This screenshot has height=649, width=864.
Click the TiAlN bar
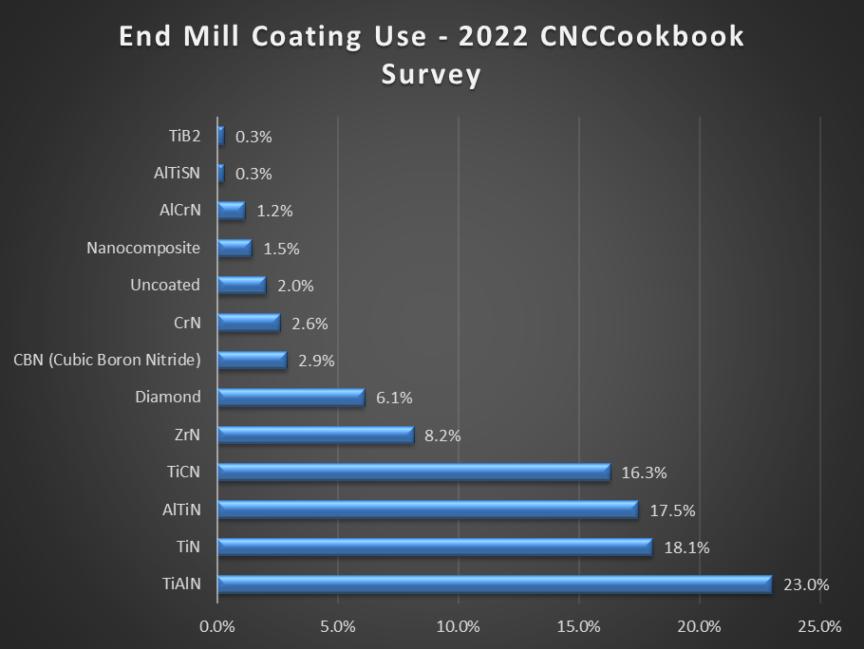pos(494,584)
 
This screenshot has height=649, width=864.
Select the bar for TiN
pos(435,547)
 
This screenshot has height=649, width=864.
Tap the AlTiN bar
pos(427,510)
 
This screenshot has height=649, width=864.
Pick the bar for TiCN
pos(413,472)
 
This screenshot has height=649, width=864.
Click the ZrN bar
pos(315,435)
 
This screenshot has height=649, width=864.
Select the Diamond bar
pos(291,398)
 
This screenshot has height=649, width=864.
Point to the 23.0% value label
pos(806,584)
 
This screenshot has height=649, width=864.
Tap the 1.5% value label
pos(280,249)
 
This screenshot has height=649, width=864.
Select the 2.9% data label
pos(316,361)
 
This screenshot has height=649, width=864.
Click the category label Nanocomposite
pos(143,248)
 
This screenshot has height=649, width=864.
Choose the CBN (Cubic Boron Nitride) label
pos(107,360)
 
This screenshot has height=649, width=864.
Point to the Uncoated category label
pos(165,285)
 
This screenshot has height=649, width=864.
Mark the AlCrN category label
pos(179,210)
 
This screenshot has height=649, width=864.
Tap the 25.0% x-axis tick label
pos(819,626)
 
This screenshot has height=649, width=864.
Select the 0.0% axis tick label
pos(217,626)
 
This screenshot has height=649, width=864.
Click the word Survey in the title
pos(431,74)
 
